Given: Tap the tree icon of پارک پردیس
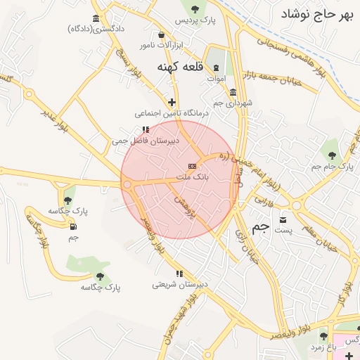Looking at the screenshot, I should point(195,9).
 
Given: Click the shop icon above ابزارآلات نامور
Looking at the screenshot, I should point(162,34).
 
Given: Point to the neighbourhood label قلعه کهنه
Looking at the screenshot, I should point(179,67).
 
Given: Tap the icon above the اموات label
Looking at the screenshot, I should point(216,67).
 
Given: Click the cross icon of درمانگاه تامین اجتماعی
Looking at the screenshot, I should point(172,102).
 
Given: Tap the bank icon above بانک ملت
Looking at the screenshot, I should point(192,165).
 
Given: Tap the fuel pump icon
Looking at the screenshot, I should point(74,226).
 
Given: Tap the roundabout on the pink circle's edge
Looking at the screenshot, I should point(127,185).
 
